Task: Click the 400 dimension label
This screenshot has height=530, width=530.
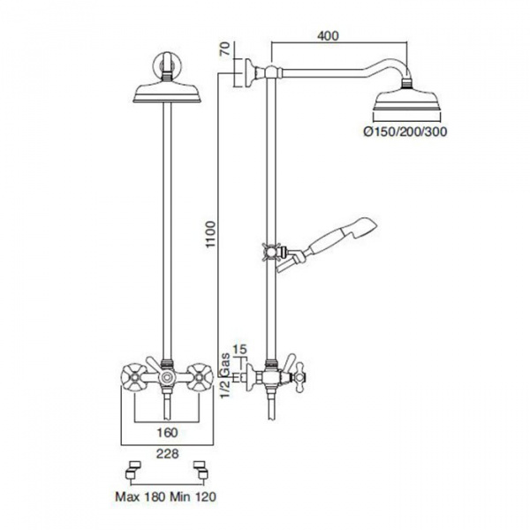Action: [328, 35]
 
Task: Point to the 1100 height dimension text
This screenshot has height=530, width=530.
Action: [210, 235]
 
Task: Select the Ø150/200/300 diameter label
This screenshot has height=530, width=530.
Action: [405, 131]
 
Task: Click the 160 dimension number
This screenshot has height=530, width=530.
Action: [167, 432]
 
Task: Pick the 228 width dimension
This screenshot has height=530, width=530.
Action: [167, 453]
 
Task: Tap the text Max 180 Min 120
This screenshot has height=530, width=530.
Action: [166, 496]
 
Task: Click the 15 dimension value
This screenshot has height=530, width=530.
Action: [240, 349]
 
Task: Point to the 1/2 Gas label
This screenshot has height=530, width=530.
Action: [226, 375]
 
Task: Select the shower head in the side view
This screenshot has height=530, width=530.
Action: [406, 101]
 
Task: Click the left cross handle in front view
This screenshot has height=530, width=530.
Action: [133, 377]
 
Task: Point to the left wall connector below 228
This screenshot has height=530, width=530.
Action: [132, 470]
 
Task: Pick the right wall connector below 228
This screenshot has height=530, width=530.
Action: [201, 470]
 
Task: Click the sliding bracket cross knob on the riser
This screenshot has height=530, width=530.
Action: [269, 252]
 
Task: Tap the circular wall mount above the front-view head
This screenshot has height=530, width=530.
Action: [167, 64]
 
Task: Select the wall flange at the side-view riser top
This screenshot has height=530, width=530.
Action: [249, 73]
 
